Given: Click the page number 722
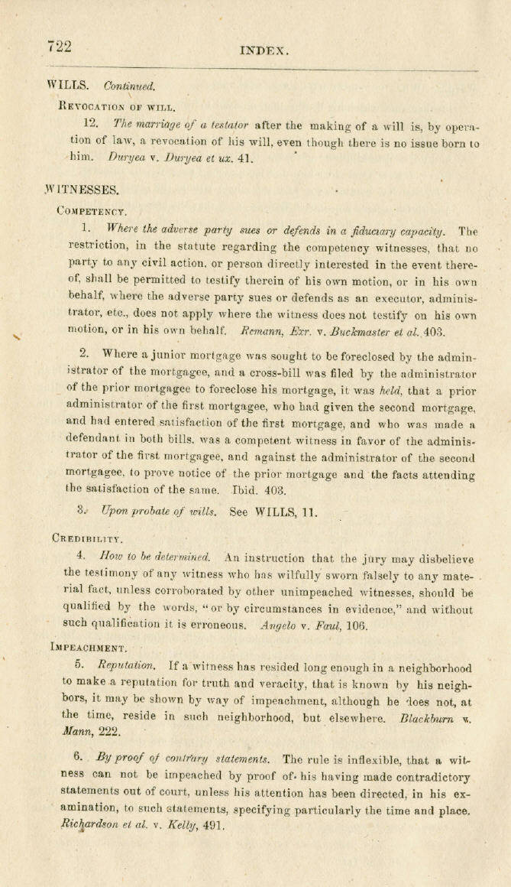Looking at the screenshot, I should point(58,46).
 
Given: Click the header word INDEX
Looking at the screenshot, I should point(264,50).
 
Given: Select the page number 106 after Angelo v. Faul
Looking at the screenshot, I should point(357,625).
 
